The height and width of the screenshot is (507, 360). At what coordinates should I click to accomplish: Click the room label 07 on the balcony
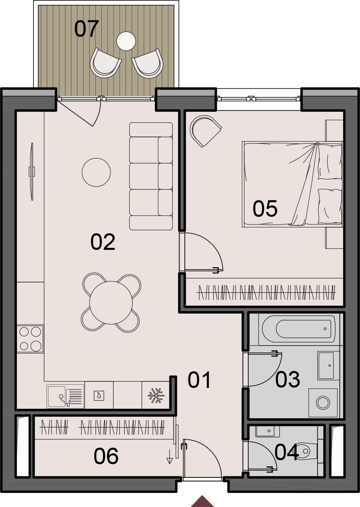[86, 29]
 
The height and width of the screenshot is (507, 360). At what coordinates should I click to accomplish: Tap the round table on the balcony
[126, 41]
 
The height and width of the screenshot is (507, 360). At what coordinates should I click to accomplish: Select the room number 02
[103, 242]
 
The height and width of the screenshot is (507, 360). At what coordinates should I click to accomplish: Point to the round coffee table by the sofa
[96, 172]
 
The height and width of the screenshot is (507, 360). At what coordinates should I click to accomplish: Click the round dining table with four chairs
[111, 303]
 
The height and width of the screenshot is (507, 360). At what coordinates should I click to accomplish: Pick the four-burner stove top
[30, 339]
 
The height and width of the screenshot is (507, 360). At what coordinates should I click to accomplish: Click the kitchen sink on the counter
[65, 396]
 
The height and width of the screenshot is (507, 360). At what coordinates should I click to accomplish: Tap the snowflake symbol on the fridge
[156, 396]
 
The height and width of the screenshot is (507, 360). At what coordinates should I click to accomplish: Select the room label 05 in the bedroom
[265, 209]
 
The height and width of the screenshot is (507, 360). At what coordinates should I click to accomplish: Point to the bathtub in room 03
[299, 329]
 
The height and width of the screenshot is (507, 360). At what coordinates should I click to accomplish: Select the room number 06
[106, 456]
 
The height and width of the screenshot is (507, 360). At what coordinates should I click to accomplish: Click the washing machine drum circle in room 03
[323, 403]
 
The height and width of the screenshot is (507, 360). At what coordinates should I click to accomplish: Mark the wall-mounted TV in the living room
[32, 172]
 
